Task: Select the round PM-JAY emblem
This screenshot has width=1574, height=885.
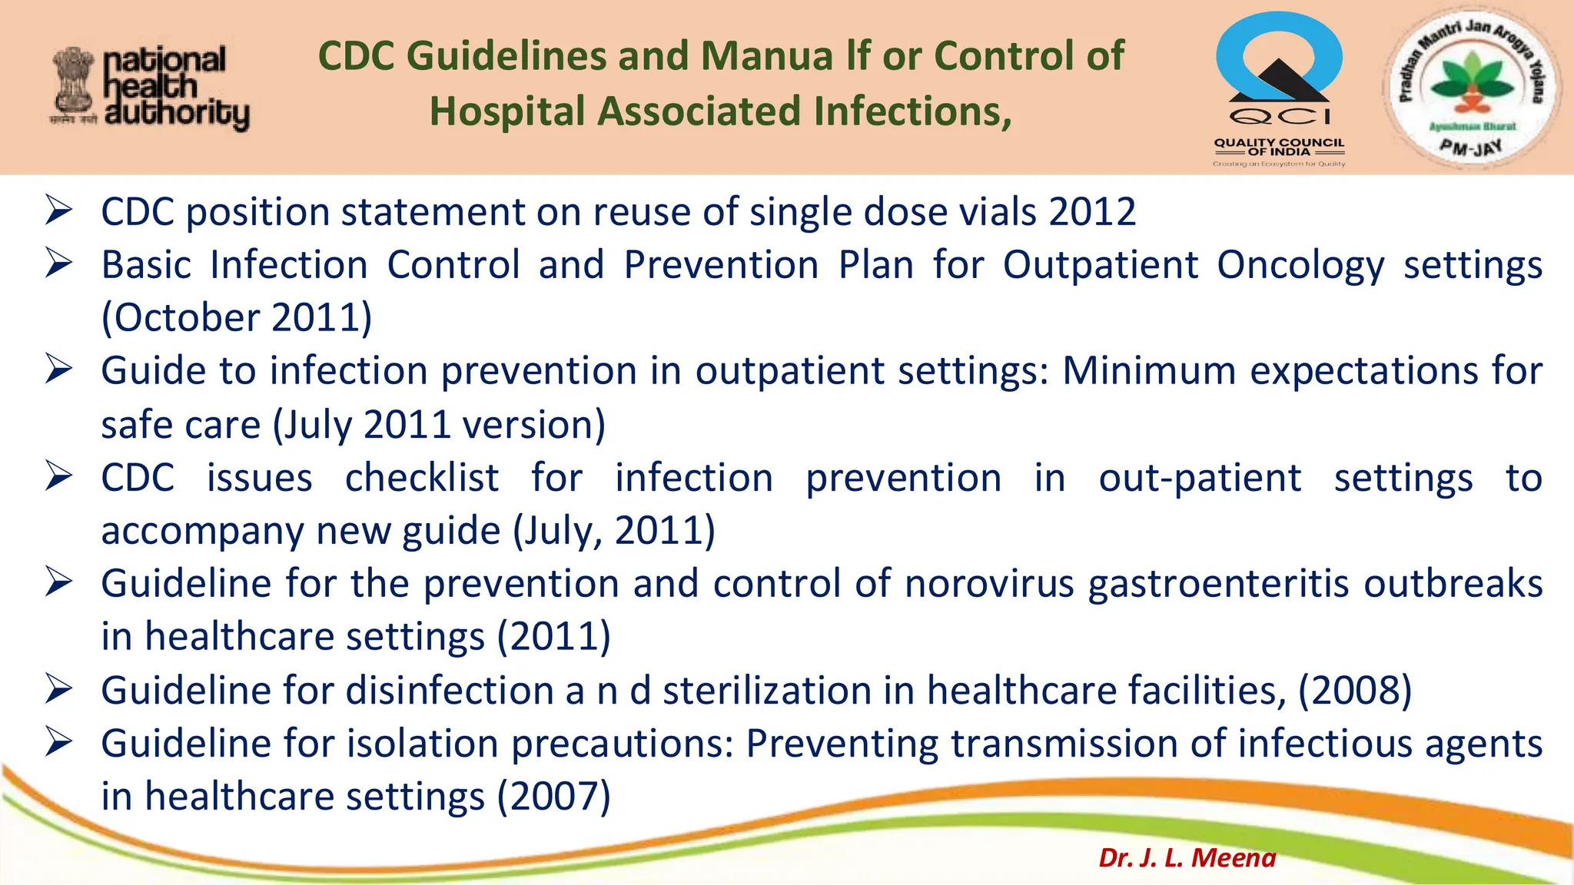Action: tap(1471, 87)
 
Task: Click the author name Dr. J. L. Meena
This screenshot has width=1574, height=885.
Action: tap(1187, 857)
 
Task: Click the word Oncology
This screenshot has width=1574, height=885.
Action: tap(1300, 266)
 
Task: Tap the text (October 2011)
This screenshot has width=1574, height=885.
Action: tap(237, 318)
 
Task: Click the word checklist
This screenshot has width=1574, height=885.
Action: tap(422, 479)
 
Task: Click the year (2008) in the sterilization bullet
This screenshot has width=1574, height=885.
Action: tap(1355, 691)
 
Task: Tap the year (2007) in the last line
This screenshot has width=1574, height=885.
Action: tap(553, 797)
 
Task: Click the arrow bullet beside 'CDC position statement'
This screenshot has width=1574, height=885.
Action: tap(59, 210)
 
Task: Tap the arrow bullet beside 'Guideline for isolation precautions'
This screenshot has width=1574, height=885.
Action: tap(59, 742)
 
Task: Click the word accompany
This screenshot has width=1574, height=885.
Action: tap(202, 532)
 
